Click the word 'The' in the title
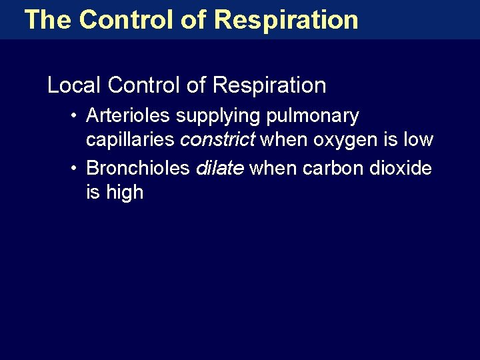(x=47, y=19)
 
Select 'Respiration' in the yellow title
(x=287, y=20)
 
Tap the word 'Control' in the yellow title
(x=127, y=19)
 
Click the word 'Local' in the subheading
(x=74, y=85)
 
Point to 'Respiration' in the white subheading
(x=269, y=85)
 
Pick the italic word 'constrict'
(x=217, y=140)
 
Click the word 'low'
(x=419, y=140)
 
